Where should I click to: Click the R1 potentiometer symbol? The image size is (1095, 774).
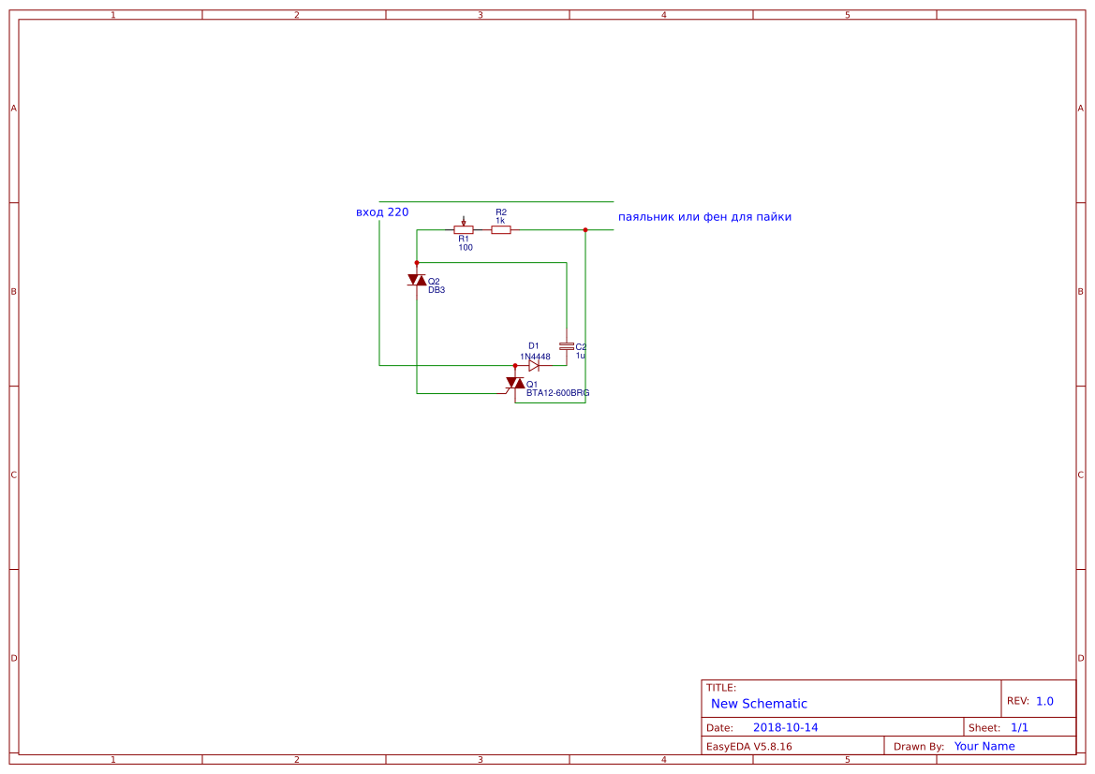click(x=463, y=229)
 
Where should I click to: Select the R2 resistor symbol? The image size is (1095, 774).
click(x=501, y=229)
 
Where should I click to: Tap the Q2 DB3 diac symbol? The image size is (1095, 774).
click(x=417, y=280)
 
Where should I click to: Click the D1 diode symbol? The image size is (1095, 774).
click(x=534, y=366)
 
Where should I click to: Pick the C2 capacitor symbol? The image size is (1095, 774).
click(x=566, y=346)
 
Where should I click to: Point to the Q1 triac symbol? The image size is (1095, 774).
click(x=515, y=384)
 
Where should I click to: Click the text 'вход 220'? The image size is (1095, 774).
click(x=382, y=212)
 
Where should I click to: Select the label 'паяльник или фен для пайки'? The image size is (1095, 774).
click(x=704, y=217)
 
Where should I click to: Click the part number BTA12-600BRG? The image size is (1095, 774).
click(x=557, y=393)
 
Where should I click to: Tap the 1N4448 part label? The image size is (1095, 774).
click(x=535, y=357)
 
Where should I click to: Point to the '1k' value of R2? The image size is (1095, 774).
click(x=500, y=220)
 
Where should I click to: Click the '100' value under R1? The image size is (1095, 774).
click(x=466, y=247)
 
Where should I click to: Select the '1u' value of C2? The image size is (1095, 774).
click(x=581, y=356)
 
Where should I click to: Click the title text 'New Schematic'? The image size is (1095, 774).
click(x=759, y=704)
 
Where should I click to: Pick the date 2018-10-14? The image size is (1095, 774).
click(x=785, y=727)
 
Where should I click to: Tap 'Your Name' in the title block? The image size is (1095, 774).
click(x=984, y=746)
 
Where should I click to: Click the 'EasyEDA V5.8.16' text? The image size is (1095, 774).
click(x=748, y=746)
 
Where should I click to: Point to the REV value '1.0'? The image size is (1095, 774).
click(x=1044, y=701)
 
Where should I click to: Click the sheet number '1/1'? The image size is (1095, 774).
click(x=1019, y=727)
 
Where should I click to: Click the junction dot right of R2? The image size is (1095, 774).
click(x=585, y=229)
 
